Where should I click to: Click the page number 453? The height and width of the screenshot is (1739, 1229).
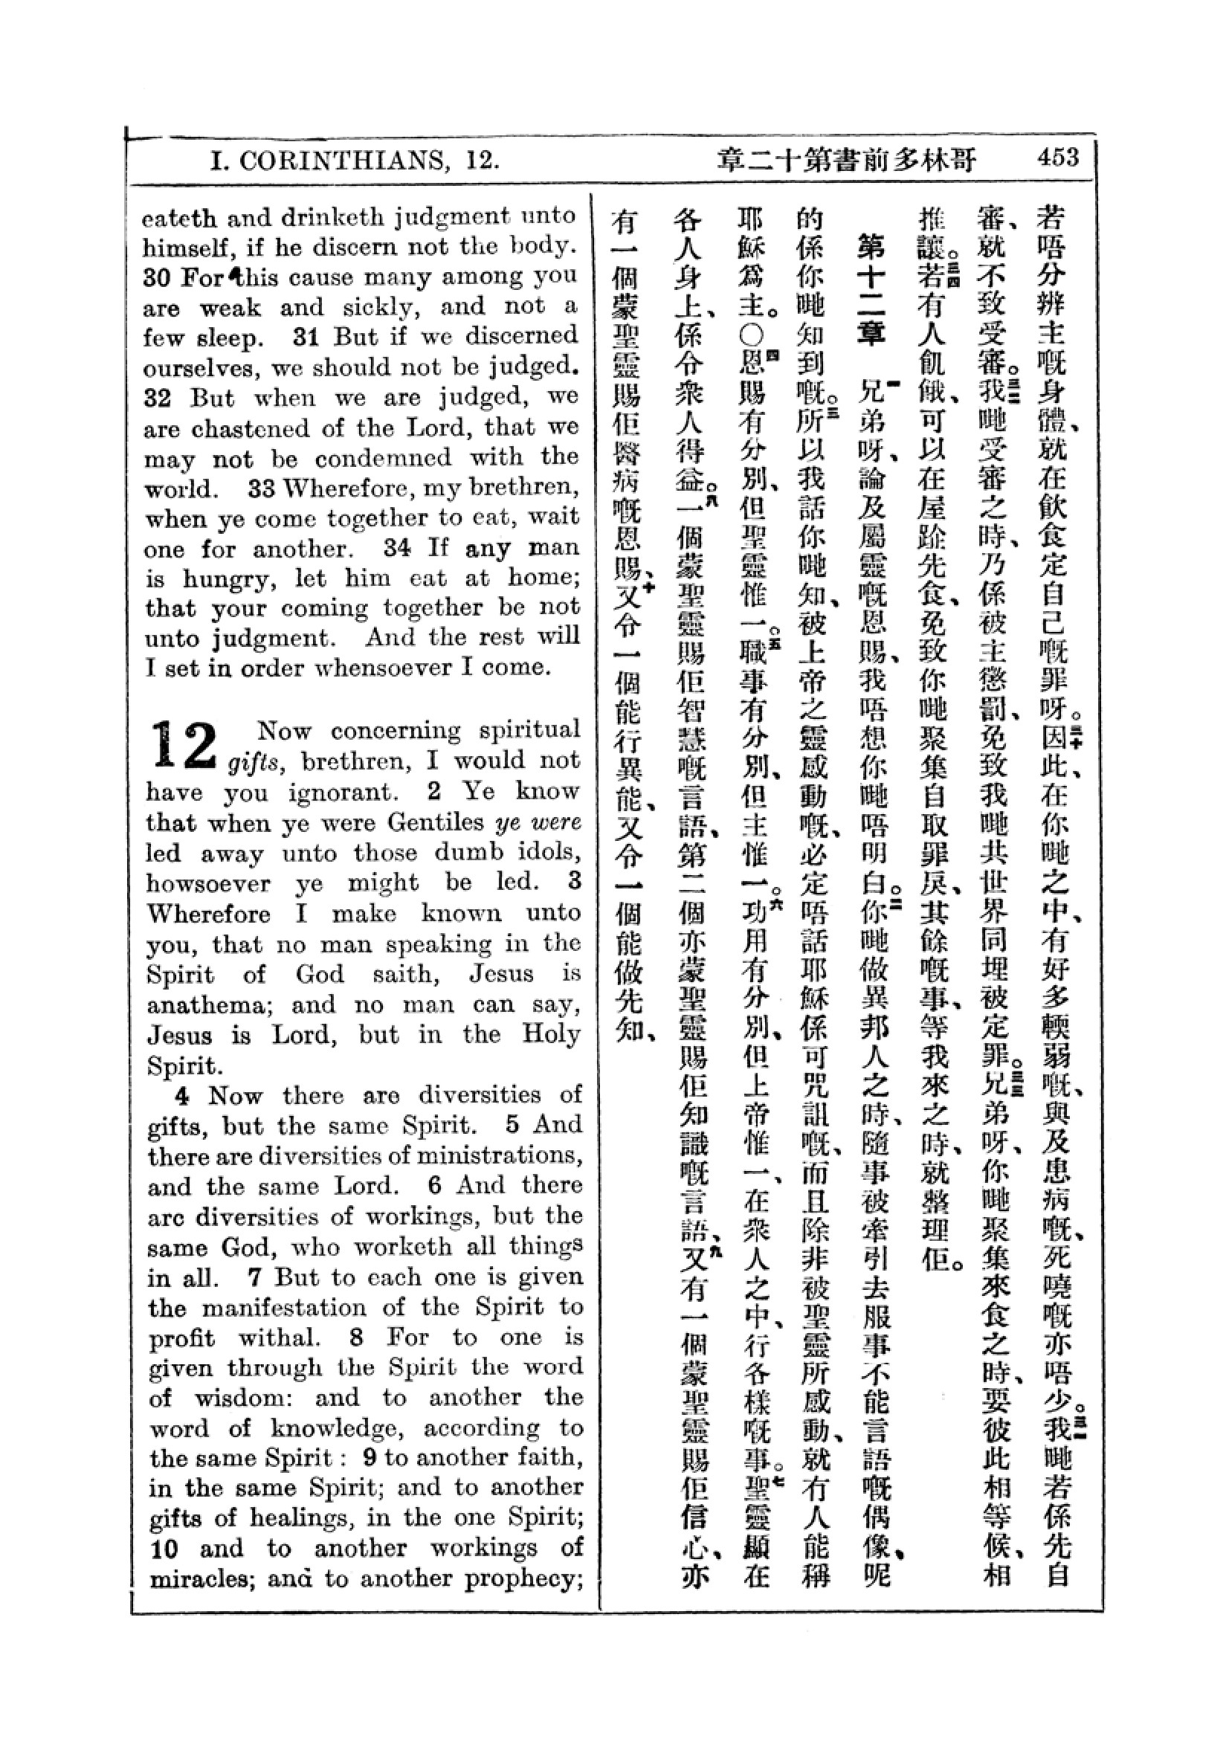click(1058, 158)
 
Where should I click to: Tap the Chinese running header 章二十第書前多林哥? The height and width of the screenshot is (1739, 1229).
click(847, 160)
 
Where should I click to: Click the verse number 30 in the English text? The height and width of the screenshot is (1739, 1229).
click(157, 278)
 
